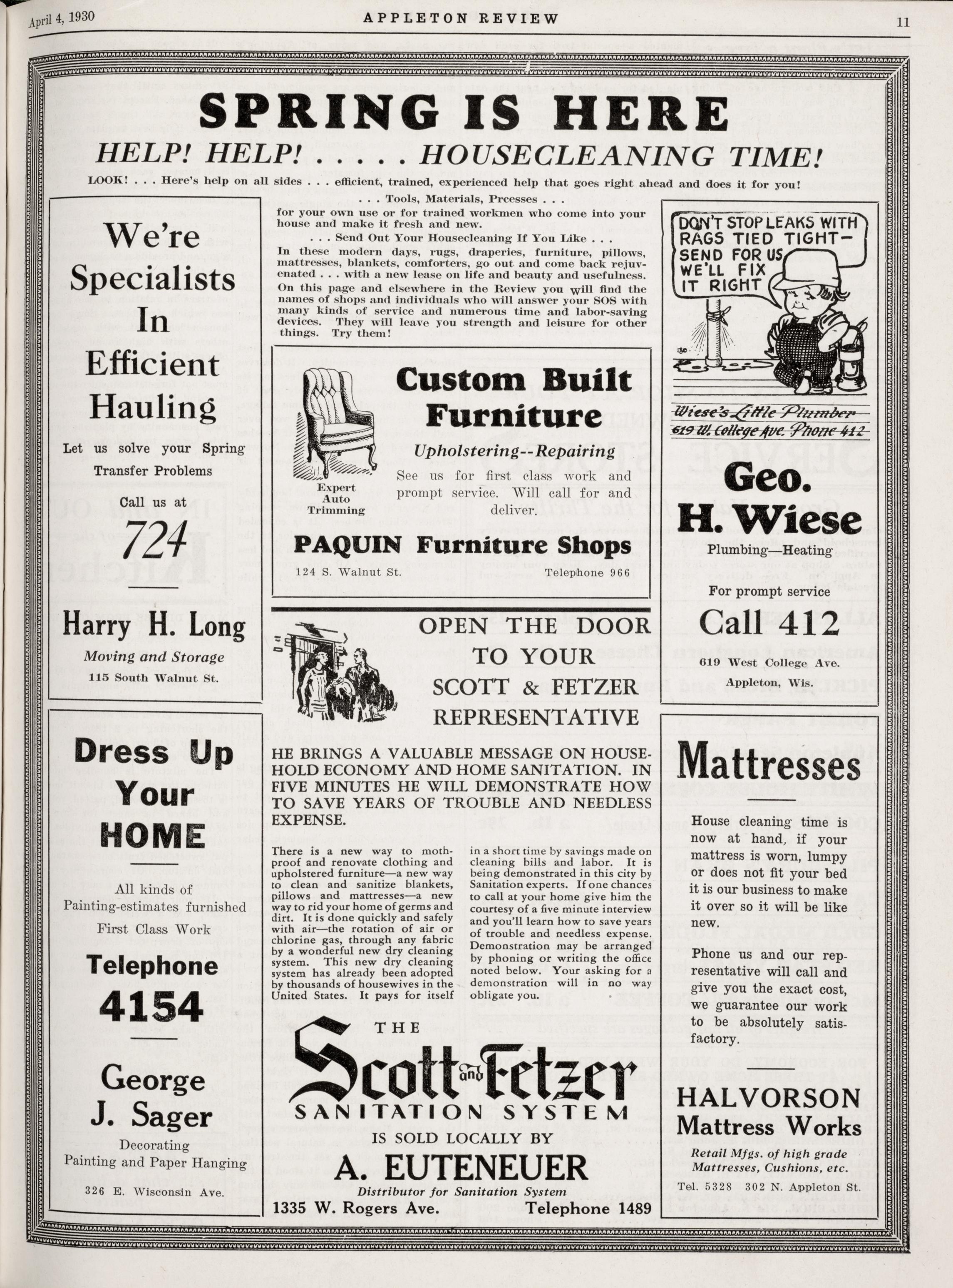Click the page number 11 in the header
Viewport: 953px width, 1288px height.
pos(903,22)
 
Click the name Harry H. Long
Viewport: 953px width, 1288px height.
pos(154,626)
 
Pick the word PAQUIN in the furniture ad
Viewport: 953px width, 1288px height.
pos(347,545)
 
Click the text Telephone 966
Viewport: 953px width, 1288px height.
pos(587,572)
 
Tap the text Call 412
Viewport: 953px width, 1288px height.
pos(769,623)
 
